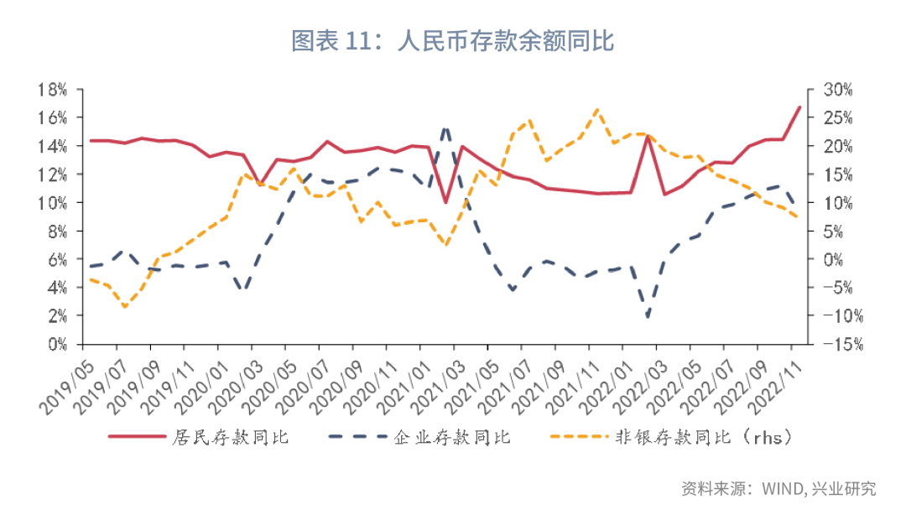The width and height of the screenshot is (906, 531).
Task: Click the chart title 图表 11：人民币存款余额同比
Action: click(453, 40)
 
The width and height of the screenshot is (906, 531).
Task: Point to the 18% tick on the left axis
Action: click(53, 89)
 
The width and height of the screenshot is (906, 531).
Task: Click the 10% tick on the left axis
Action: click(53, 202)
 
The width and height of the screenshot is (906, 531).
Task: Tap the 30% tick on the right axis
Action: click(836, 89)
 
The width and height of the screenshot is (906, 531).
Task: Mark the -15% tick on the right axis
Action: click(836, 344)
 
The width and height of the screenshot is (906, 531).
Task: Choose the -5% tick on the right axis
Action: click(836, 288)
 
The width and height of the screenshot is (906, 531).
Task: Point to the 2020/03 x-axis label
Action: click(232, 382)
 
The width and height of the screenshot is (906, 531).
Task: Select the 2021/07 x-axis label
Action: click(501, 382)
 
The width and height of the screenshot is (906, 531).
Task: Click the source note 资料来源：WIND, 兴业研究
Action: click(778, 489)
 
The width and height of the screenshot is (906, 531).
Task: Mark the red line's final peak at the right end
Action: click(799, 107)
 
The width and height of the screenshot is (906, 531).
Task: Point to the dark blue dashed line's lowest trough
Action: click(648, 317)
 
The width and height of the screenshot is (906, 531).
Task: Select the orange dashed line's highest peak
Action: click(596, 109)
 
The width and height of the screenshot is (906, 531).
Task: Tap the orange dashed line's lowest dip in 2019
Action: click(125, 307)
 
